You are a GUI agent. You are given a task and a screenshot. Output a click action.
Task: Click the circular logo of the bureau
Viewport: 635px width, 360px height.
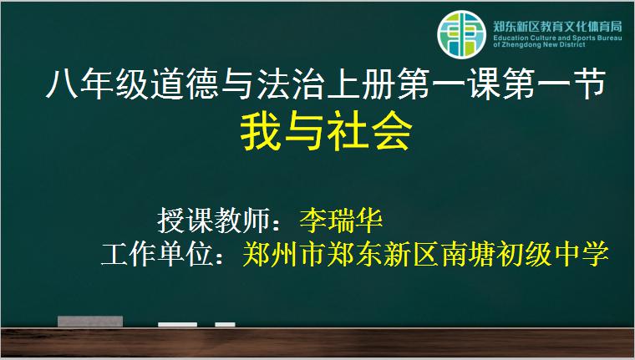click(461, 35)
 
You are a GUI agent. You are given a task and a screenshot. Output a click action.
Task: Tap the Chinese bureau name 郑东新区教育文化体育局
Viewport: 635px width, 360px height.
click(557, 27)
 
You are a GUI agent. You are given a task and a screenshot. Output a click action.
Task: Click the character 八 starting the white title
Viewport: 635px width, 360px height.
click(62, 84)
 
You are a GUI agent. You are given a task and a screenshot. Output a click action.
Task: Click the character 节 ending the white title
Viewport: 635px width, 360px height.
click(589, 84)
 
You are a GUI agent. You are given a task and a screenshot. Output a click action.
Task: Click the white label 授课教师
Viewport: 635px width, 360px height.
click(213, 221)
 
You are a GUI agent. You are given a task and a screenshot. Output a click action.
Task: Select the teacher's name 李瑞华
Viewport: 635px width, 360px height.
click(341, 221)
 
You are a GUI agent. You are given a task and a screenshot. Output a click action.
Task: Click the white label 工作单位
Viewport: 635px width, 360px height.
click(157, 254)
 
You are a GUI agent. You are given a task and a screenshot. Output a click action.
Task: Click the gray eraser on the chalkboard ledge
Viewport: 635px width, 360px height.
click(90, 322)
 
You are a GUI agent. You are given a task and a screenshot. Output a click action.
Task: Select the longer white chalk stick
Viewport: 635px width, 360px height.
click(177, 325)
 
